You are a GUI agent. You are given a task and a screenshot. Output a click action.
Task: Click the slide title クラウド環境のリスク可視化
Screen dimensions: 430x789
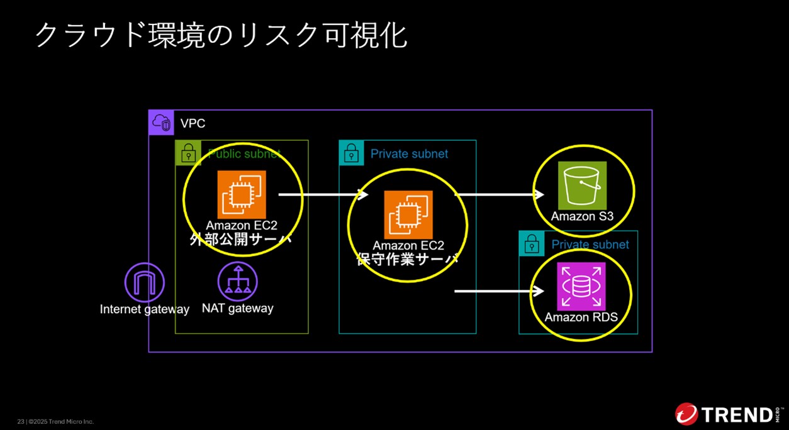[x=221, y=35]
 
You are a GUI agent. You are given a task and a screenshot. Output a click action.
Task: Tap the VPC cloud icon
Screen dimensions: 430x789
[x=161, y=123]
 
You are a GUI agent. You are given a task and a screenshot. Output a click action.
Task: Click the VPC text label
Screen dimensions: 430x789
[x=193, y=123]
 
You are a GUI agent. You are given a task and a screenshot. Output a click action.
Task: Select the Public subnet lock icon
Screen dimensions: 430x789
[x=187, y=153]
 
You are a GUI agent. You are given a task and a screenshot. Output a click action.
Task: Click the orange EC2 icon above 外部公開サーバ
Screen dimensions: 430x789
[x=242, y=194]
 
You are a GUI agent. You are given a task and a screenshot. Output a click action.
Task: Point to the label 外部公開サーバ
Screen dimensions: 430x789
[x=241, y=240]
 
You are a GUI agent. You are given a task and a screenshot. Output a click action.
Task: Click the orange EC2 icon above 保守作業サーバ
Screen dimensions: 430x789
[x=408, y=214]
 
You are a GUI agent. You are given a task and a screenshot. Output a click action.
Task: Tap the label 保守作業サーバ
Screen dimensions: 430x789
[x=408, y=259]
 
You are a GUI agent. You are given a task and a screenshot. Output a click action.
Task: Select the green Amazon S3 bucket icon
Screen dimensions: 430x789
[x=582, y=185]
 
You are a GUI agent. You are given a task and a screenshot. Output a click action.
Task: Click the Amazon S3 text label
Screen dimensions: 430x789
[x=582, y=217]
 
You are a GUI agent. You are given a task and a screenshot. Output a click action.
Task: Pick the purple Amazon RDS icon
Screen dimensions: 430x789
[x=581, y=287]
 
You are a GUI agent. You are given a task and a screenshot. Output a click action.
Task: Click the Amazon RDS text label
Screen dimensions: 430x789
[x=581, y=317]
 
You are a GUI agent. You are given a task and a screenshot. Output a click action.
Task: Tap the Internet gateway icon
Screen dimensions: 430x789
[x=145, y=282]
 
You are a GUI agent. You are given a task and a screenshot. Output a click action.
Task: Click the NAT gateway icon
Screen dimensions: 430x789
[x=237, y=282]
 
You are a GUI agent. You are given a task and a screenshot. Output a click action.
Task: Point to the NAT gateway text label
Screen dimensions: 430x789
[x=237, y=309]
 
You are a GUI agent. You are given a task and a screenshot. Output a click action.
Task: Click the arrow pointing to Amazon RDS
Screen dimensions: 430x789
[x=498, y=291]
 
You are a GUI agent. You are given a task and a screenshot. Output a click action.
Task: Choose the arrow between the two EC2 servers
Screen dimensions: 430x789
[x=323, y=195]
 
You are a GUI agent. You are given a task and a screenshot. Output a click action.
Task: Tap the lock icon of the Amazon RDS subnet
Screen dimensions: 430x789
[x=532, y=243]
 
